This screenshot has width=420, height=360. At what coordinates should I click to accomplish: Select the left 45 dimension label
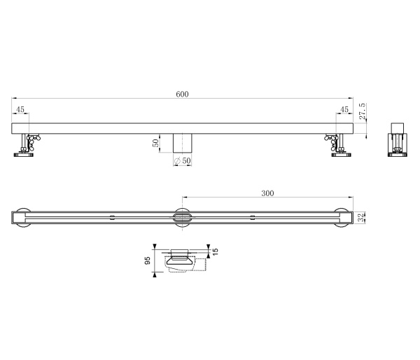point(20,109)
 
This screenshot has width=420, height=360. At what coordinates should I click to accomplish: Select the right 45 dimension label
point(344,109)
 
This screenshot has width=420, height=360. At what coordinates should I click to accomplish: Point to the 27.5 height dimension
point(362,112)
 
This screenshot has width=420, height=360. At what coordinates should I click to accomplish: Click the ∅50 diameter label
point(183,161)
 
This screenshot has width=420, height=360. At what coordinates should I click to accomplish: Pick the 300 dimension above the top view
point(267,193)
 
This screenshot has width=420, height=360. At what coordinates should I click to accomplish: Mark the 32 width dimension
point(361,218)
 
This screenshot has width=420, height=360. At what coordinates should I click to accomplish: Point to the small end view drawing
point(398,139)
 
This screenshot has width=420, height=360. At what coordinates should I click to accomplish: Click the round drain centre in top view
point(182,218)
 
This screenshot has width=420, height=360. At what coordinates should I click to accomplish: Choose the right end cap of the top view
point(342,218)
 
